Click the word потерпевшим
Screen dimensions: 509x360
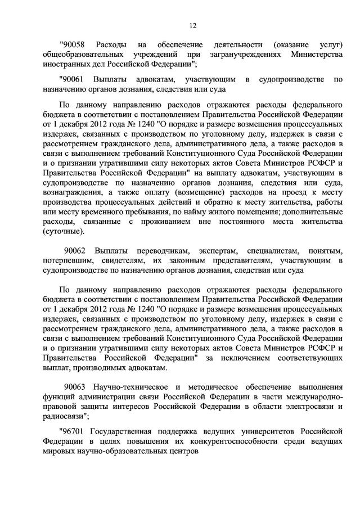65,260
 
